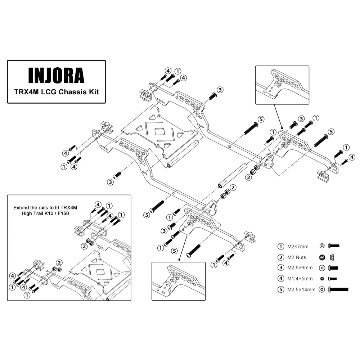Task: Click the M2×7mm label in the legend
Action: tap(298, 247)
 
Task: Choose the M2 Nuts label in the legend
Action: tap(297, 257)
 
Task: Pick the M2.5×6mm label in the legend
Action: tap(300, 268)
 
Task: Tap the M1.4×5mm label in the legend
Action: tap(300, 279)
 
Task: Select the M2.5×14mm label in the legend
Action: tap(301, 289)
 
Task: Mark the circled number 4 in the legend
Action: tap(280, 279)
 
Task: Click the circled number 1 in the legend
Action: tap(280, 247)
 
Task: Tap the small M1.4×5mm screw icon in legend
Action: tap(333, 279)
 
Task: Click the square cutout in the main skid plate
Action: tap(159, 131)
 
